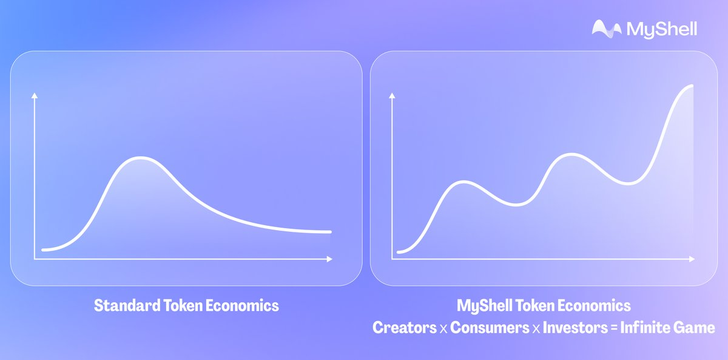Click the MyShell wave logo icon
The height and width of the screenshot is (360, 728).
pyautogui.click(x=607, y=29)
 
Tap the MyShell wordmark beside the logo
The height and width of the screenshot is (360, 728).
pyautogui.click(x=662, y=30)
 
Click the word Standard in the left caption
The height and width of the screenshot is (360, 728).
pyautogui.click(x=127, y=305)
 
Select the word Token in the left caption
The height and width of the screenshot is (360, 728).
pyautogui.click(x=183, y=305)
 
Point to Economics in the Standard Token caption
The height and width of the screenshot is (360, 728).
pyautogui.click(x=242, y=305)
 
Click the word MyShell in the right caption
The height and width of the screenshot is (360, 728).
pyautogui.click(x=485, y=306)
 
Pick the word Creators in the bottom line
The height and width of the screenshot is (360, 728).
pyautogui.click(x=405, y=327)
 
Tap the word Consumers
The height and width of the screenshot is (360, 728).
pyautogui.click(x=490, y=327)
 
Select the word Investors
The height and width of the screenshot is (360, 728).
pyautogui.click(x=575, y=327)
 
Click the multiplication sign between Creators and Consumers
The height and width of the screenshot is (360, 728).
pyautogui.click(x=443, y=329)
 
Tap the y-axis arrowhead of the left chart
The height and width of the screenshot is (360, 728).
pyautogui.click(x=35, y=95)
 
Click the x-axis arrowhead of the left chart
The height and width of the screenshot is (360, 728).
pyautogui.click(x=329, y=259)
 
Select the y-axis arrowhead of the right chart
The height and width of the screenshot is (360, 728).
pyautogui.click(x=392, y=95)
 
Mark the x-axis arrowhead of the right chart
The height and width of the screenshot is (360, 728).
pyautogui.click(x=692, y=259)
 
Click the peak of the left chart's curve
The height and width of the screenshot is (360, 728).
pyautogui.click(x=140, y=158)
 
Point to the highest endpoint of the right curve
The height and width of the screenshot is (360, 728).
pyautogui.click(x=692, y=86)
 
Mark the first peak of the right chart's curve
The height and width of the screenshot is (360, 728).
pyautogui.click(x=463, y=182)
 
